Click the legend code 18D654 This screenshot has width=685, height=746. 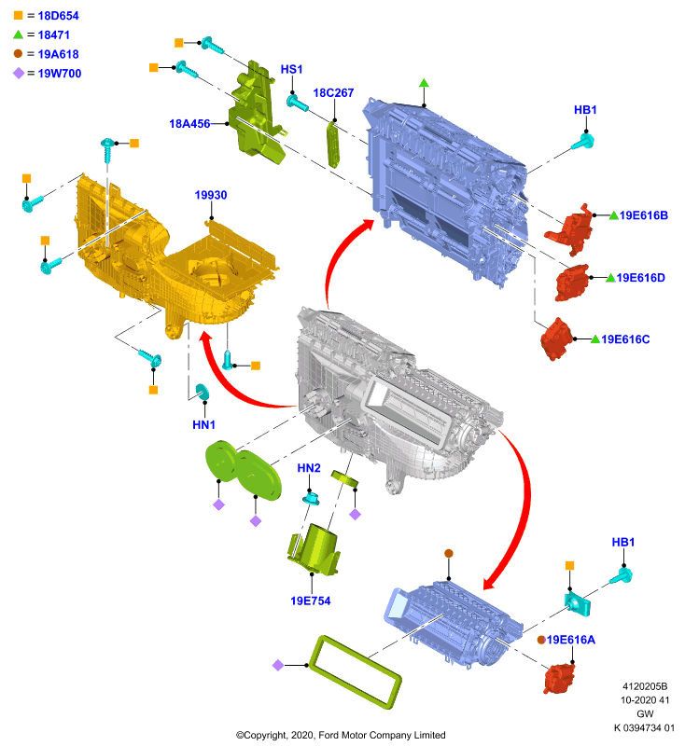point(58,16)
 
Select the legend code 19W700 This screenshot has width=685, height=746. point(60,74)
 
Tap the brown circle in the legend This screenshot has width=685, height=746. point(18,54)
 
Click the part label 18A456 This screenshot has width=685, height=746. point(189,124)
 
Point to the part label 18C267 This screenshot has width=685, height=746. point(333,92)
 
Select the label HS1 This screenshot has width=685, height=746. point(291,69)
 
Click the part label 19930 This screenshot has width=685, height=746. point(210,195)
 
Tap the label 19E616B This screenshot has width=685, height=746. point(644,215)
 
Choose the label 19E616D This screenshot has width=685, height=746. point(641,278)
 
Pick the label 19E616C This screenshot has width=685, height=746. point(625,339)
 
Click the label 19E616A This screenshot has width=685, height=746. point(571,640)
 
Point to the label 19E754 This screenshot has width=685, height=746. point(311,601)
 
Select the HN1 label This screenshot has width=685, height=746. point(203,425)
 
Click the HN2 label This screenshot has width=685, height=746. point(309,468)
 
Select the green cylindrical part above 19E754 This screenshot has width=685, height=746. point(315,548)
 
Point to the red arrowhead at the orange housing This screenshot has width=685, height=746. point(206,340)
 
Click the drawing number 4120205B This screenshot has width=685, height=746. point(645,686)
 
